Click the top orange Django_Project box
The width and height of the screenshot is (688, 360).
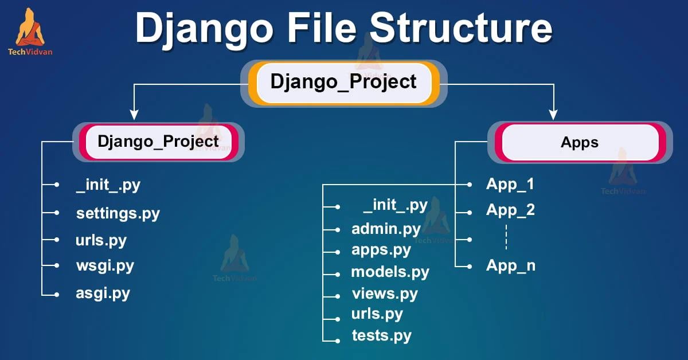[x=343, y=83]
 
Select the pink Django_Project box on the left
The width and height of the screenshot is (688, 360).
[x=158, y=142]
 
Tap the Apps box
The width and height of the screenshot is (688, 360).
[x=580, y=142]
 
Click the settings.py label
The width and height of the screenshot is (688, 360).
[x=118, y=213]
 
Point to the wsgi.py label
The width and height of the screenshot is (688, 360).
[x=105, y=265]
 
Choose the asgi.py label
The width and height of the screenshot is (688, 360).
[x=103, y=293]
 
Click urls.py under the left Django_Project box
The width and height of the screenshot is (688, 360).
[x=101, y=240]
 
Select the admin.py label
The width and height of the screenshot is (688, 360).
[x=386, y=229]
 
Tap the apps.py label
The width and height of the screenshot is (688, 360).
[x=381, y=250]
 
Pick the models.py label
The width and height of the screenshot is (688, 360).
[x=390, y=272]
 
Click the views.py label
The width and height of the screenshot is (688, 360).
[x=385, y=294]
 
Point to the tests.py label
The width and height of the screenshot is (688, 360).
[x=381, y=335]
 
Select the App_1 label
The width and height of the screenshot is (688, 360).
[x=510, y=184]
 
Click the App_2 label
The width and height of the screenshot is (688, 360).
[x=510, y=210]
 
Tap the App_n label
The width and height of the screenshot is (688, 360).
[x=510, y=265]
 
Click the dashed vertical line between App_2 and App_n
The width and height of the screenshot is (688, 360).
[x=506, y=237]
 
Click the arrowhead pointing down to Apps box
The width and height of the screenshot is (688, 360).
[x=553, y=114]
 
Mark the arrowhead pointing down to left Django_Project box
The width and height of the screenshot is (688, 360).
[x=134, y=114]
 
